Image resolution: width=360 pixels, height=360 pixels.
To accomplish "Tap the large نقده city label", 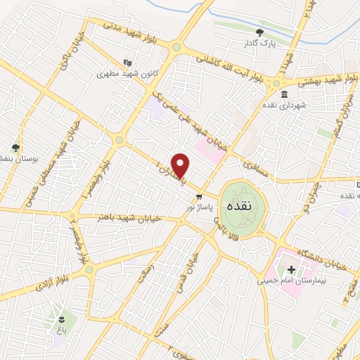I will coord(242,207).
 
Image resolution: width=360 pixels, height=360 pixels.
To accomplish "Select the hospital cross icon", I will coord(291,269).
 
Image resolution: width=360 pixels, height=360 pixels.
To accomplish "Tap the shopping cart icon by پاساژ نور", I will coord(200,197).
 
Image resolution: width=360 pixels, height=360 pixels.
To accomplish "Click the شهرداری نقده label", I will coord(283,105).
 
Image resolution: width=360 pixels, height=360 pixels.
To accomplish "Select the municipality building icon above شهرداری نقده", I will coord(283,95).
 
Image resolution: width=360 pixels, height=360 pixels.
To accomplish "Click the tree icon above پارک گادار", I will coord(260,32).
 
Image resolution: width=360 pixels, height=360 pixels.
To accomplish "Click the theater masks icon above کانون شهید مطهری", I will coord(127,62).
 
